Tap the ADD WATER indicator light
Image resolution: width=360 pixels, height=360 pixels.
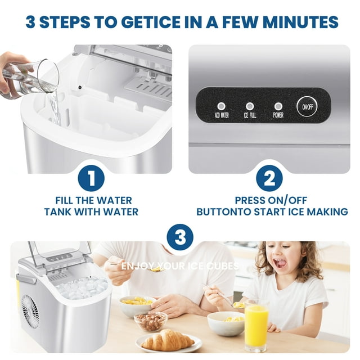[x=221, y=106]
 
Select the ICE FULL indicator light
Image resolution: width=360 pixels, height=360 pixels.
[x=250, y=106]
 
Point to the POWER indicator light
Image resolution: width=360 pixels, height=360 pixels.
[x=277, y=106]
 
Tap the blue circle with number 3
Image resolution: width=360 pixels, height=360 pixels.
[x=180, y=237]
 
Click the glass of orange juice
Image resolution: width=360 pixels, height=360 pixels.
[x=256, y=325]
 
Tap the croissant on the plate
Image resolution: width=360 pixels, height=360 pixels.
[x=167, y=340]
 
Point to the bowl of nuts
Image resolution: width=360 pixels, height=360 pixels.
[x=150, y=321]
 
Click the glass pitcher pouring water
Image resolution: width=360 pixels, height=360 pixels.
[x=34, y=79]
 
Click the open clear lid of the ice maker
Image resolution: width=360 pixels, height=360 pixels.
[x=60, y=253]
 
